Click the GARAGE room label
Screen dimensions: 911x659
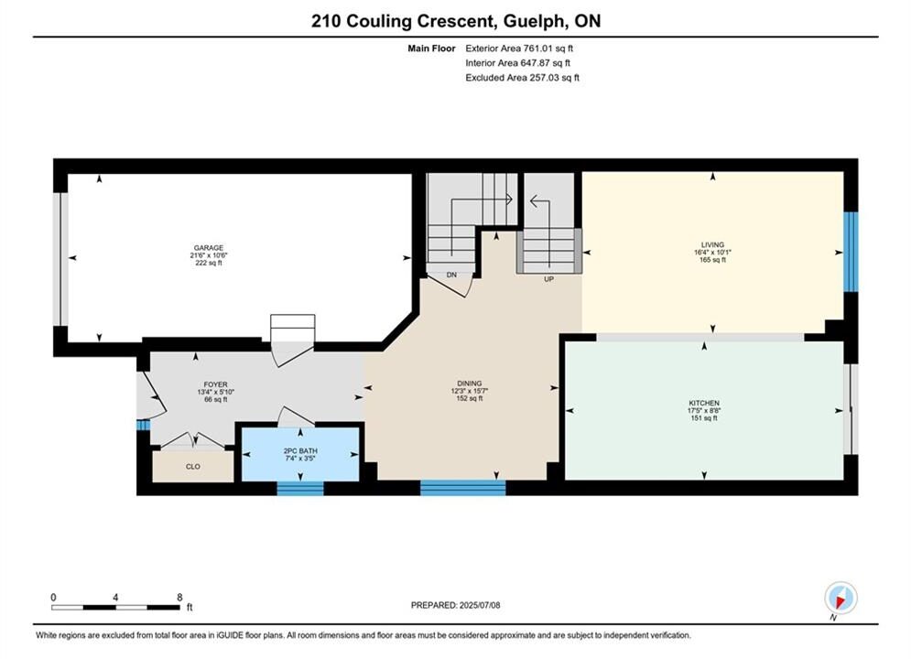click(209, 248)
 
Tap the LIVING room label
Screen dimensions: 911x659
click(712, 245)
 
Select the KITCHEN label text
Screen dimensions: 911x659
click(704, 403)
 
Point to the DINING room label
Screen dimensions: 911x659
click(470, 384)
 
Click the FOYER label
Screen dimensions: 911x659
click(215, 384)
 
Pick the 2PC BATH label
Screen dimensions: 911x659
click(300, 450)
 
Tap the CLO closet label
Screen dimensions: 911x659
click(193, 466)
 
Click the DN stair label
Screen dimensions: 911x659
click(451, 275)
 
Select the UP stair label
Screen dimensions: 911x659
click(548, 279)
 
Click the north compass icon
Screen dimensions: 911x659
click(841, 598)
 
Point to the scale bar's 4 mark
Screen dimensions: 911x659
click(115, 597)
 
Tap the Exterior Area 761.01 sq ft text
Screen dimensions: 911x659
click(519, 49)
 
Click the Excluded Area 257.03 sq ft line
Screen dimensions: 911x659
click(522, 77)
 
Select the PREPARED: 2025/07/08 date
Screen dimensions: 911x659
click(456, 605)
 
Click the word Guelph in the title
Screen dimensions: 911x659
click(535, 21)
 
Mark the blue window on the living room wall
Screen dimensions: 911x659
click(851, 252)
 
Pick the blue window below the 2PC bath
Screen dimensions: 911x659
click(299, 488)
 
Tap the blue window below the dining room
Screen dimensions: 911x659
click(462, 488)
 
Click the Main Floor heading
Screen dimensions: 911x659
click(431, 49)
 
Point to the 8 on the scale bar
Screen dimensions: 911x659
click(179, 597)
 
